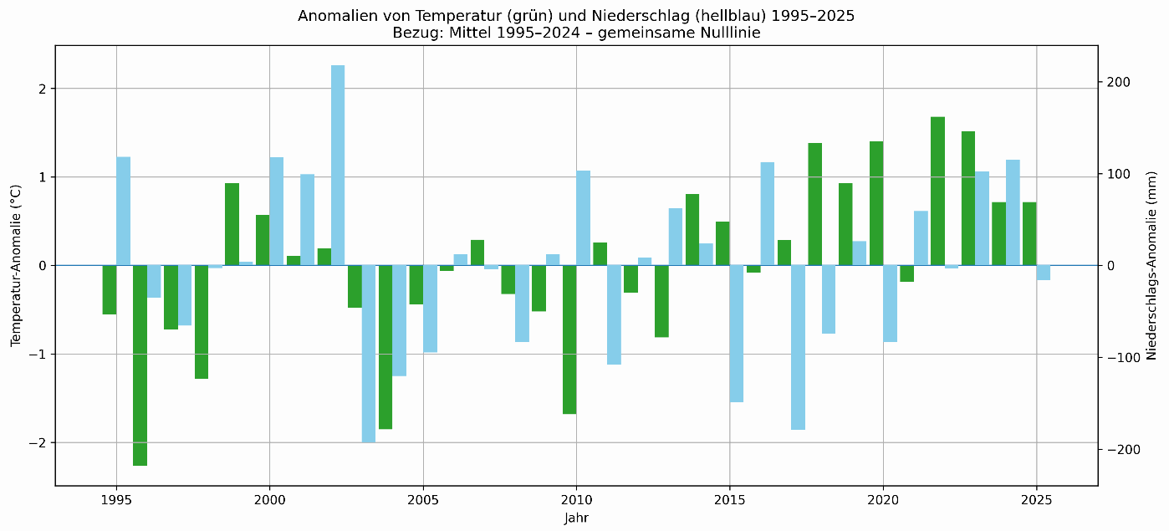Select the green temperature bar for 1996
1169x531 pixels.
pyautogui.click(x=140, y=365)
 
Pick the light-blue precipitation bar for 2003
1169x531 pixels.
pyautogui.click(x=369, y=354)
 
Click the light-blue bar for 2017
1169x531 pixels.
pyautogui.click(x=799, y=347)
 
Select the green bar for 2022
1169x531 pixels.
pyautogui.click(x=937, y=191)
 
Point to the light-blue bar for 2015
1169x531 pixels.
pyautogui.click(x=737, y=334)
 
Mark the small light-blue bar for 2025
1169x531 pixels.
pyautogui.click(x=1044, y=273)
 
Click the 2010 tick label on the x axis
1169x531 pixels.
pyautogui.click(x=576, y=500)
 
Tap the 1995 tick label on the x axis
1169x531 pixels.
pyautogui.click(x=116, y=500)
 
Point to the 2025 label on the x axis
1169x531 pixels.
pyautogui.click(x=1036, y=500)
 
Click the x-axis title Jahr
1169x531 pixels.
pyautogui.click(x=576, y=518)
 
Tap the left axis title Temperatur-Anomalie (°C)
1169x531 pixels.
pyautogui.click(x=15, y=265)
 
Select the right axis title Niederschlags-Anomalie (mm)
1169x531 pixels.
pyautogui.click(x=1151, y=265)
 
